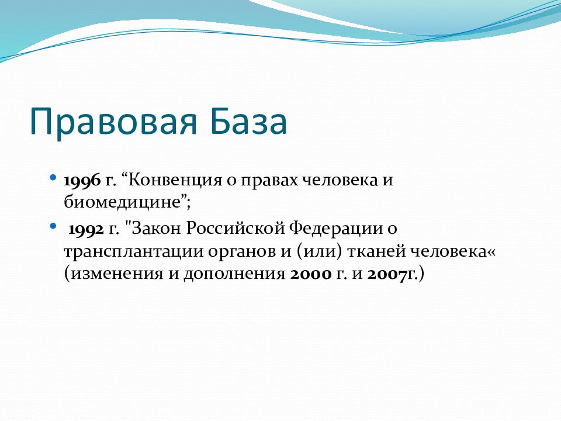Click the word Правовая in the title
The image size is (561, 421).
point(113,122)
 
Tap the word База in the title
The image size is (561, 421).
point(248,120)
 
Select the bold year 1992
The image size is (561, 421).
point(86,229)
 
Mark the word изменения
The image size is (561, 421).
point(117,274)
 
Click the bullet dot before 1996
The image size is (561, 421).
point(53,177)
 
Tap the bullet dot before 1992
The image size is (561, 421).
point(53,226)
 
